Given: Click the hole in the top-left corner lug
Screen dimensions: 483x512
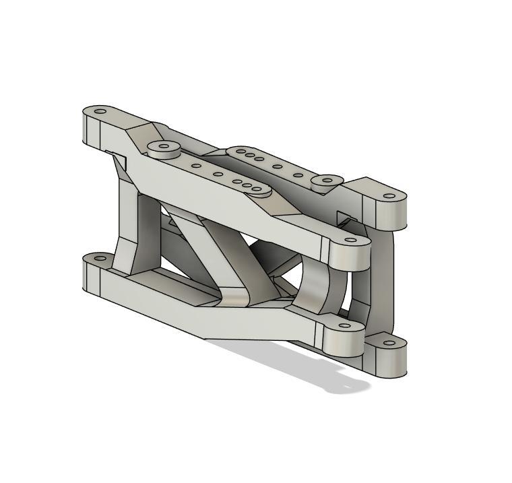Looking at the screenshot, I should coord(100,111).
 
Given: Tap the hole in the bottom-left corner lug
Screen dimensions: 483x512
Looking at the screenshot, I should coord(100,258).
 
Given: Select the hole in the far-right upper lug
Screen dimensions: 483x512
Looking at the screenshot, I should coord(390,196).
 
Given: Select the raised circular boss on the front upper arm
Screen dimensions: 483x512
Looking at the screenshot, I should coord(161,148).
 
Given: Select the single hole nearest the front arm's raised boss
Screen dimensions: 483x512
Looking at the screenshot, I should coord(196,166).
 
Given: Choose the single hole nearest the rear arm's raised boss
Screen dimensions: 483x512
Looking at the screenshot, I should coord(297,175).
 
